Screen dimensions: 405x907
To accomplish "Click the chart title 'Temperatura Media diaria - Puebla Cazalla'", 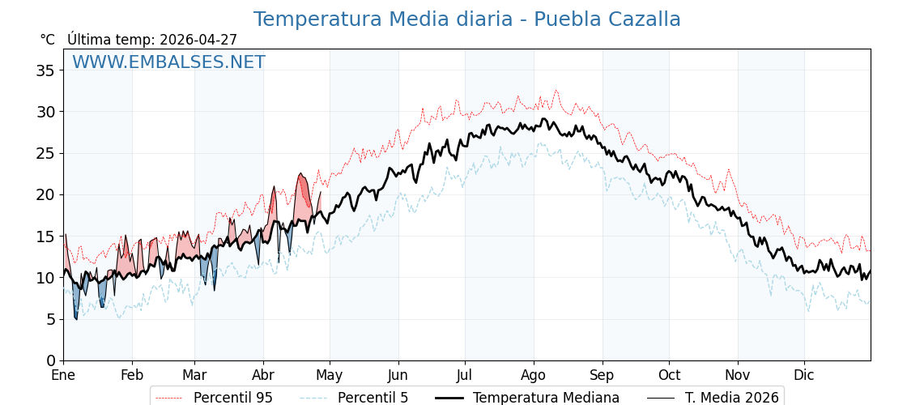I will click(x=466, y=19).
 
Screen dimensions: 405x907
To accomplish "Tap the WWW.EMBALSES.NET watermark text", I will click(x=168, y=62).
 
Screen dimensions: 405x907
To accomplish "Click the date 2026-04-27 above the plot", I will click(x=198, y=40).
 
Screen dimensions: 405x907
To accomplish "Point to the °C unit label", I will click(x=47, y=40).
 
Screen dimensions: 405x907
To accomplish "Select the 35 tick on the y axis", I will click(x=45, y=70).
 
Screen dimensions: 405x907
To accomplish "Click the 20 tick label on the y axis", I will click(x=45, y=195).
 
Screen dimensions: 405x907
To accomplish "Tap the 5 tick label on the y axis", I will click(x=49, y=319).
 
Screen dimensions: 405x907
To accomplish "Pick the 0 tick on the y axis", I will click(x=49, y=360).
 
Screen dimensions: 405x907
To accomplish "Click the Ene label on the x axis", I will click(x=63, y=375).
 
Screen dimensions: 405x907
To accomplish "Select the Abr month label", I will click(x=263, y=375).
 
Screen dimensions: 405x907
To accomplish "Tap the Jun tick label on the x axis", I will click(x=398, y=375).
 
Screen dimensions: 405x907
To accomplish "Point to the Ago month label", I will click(x=534, y=375).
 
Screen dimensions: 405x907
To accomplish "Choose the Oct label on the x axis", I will click(x=669, y=375).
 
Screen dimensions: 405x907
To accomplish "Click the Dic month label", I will click(x=804, y=375).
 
